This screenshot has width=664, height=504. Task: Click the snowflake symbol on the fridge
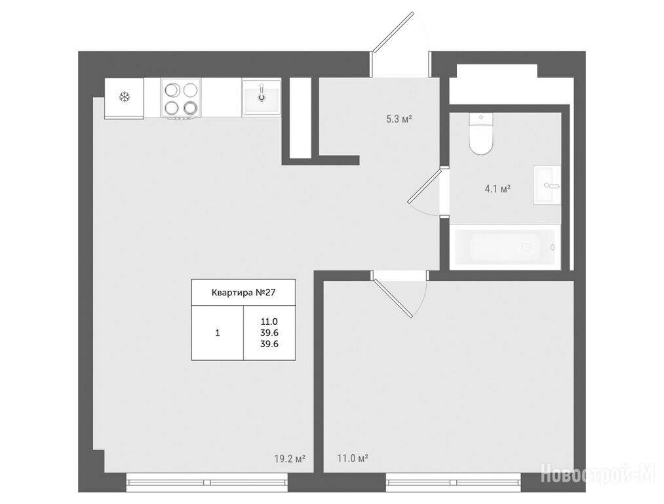[x=124, y=98]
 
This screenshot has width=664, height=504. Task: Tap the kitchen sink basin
[x=262, y=97]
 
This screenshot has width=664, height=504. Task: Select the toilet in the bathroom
[x=481, y=133]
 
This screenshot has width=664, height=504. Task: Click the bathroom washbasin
[x=547, y=185]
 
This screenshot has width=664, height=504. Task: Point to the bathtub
[x=505, y=247]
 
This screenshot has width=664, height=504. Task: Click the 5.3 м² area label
[x=399, y=119]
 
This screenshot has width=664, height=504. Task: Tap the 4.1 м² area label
[x=497, y=188]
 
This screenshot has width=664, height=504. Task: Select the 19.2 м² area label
[x=290, y=459]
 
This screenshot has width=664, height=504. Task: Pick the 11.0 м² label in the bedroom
[x=353, y=459]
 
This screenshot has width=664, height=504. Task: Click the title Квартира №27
[x=243, y=293]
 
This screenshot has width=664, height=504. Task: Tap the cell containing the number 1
[x=218, y=333]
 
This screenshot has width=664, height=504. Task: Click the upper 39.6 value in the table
[x=269, y=333]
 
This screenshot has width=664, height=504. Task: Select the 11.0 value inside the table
[x=269, y=322]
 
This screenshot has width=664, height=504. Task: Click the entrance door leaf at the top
[x=393, y=32]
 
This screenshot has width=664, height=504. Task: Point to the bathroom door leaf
[x=424, y=185]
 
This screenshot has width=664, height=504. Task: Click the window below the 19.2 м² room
[x=207, y=482]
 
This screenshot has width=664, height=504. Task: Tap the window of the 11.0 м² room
[x=453, y=482]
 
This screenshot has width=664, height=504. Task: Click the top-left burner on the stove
[x=172, y=90]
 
